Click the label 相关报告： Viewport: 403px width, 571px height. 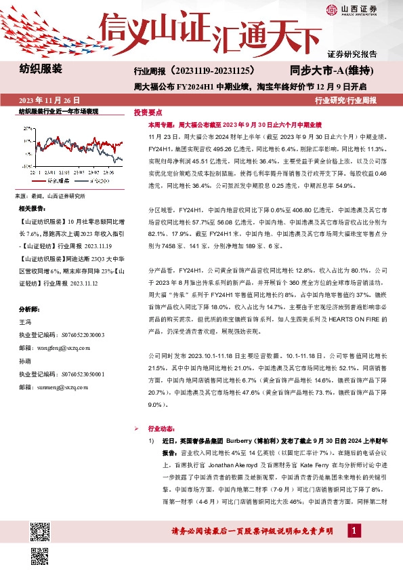coord(32,208)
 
